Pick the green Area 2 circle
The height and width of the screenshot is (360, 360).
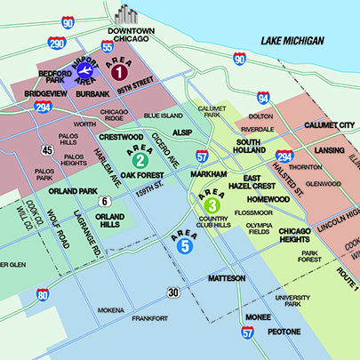tap(140, 161)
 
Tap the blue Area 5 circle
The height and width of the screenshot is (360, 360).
tap(184, 247)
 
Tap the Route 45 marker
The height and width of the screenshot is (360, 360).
tap(46, 150)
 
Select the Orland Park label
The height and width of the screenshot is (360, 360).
tap(73, 190)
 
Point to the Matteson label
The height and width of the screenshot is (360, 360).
tap(226, 278)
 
